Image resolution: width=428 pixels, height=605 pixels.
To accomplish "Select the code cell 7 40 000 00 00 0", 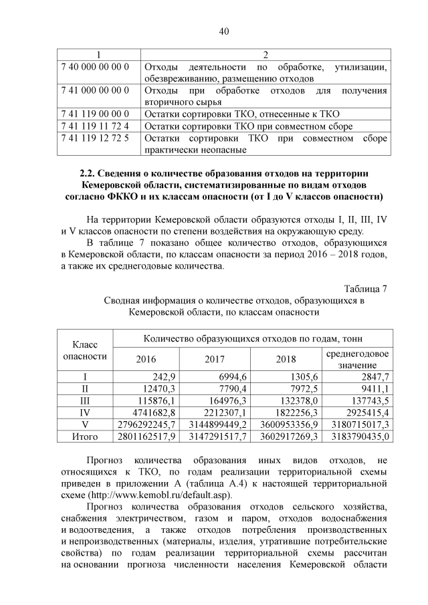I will tap(95, 67).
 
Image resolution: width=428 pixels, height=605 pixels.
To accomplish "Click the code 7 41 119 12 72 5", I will tap(95, 138).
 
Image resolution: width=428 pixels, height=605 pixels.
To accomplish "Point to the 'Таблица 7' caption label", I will tap(366, 289).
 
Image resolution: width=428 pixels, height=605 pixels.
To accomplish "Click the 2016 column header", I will tap(145, 359).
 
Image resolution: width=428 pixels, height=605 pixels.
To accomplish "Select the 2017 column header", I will tap(215, 359).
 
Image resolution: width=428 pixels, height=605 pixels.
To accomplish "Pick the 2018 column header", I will tap(286, 359).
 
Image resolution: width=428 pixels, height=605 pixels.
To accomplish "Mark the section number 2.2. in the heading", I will tap(90, 174).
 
